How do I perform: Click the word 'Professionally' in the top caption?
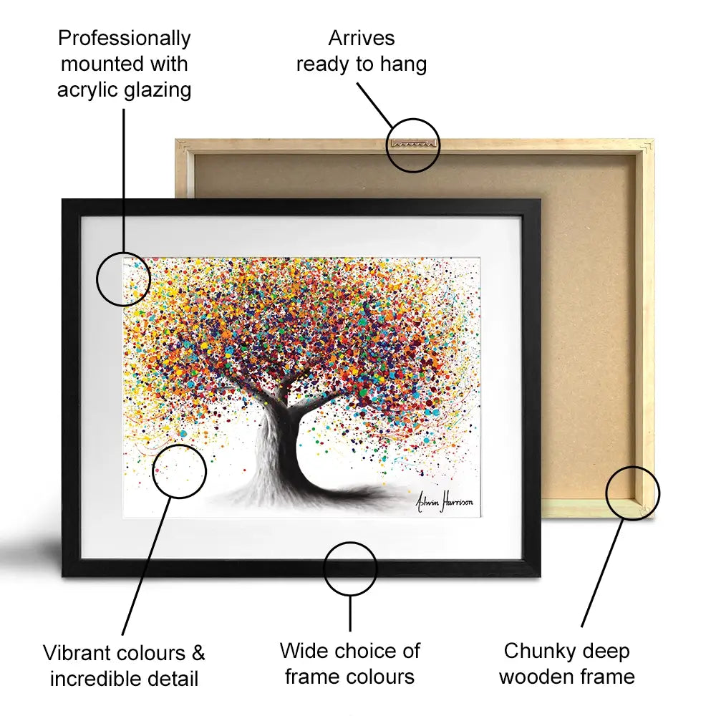(x=124, y=39)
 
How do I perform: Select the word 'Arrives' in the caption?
(x=361, y=38)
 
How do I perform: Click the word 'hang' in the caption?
(x=403, y=64)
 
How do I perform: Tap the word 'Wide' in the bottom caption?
(x=302, y=650)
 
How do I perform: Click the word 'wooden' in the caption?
(x=536, y=677)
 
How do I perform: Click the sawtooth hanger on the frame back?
(x=413, y=144)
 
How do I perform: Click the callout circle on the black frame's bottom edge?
(x=350, y=543)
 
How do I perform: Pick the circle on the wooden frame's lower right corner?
(x=632, y=467)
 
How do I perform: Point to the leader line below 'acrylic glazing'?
(x=124, y=180)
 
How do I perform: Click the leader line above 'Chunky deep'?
(x=603, y=573)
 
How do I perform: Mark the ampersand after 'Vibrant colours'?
(x=198, y=652)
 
